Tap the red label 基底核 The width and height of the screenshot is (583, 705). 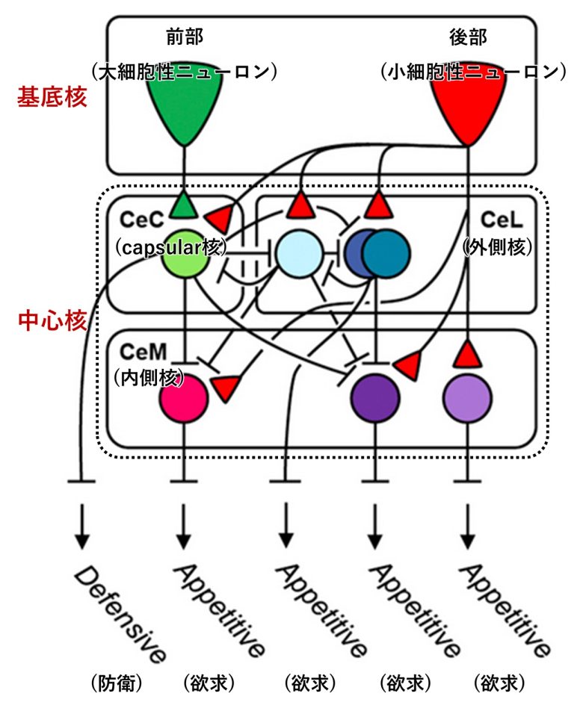click(x=53, y=98)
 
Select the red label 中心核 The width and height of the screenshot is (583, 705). click(x=53, y=322)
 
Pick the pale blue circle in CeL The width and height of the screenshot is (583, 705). click(x=298, y=254)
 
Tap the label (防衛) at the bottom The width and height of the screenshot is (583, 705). click(x=117, y=683)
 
